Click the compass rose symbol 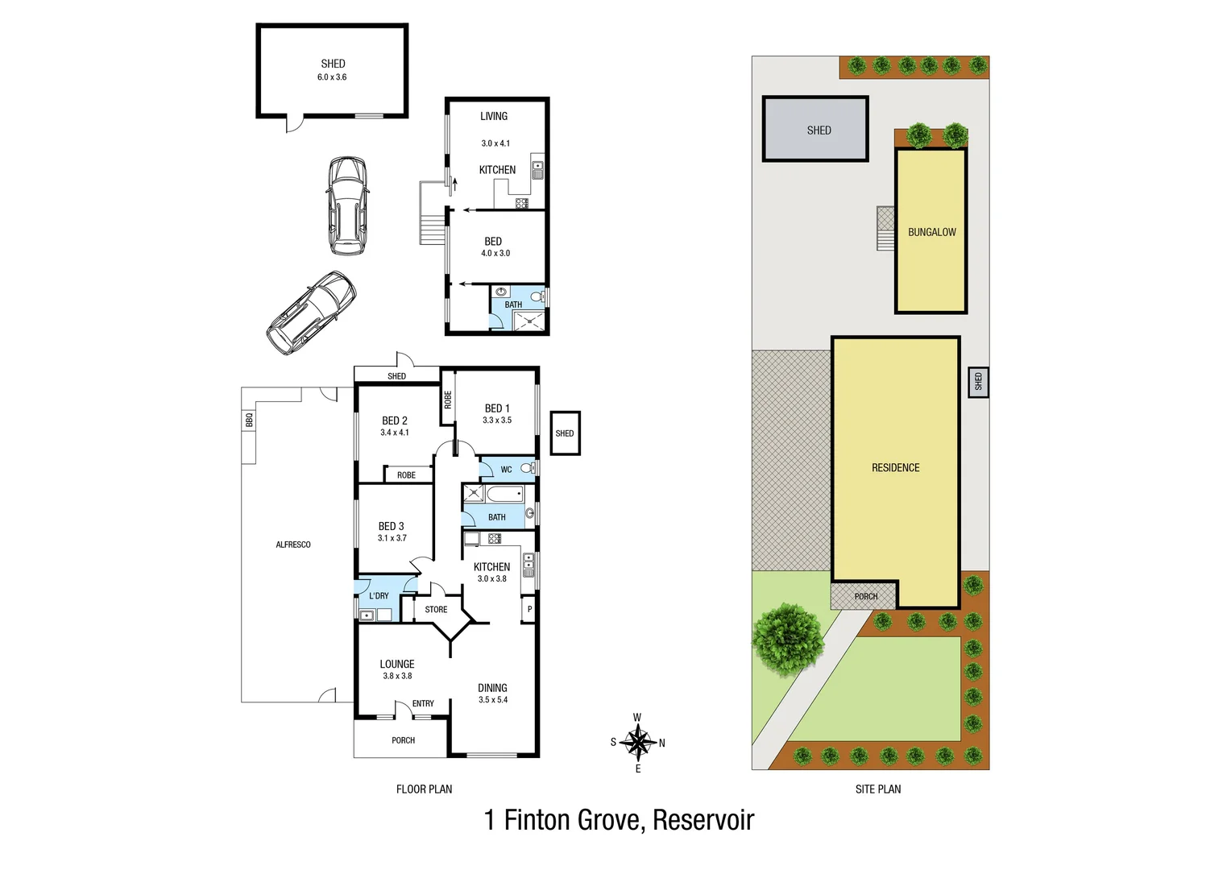(x=638, y=742)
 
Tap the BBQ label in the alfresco (x=249, y=420)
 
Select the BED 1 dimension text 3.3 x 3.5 (x=497, y=420)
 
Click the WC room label (x=506, y=470)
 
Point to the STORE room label (x=436, y=610)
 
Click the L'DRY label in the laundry (x=379, y=596)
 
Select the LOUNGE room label (x=397, y=665)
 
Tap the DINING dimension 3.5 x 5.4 (x=493, y=700)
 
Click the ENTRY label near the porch (x=423, y=704)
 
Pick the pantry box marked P (x=529, y=610)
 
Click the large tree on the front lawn (x=788, y=639)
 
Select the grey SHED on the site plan (x=815, y=130)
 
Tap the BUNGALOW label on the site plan (x=932, y=232)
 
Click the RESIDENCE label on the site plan (x=895, y=468)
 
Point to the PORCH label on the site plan (x=866, y=597)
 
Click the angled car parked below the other (x=311, y=313)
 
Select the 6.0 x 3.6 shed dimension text (x=332, y=77)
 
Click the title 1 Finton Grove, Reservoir (x=619, y=820)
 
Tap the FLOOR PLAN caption (x=424, y=789)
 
